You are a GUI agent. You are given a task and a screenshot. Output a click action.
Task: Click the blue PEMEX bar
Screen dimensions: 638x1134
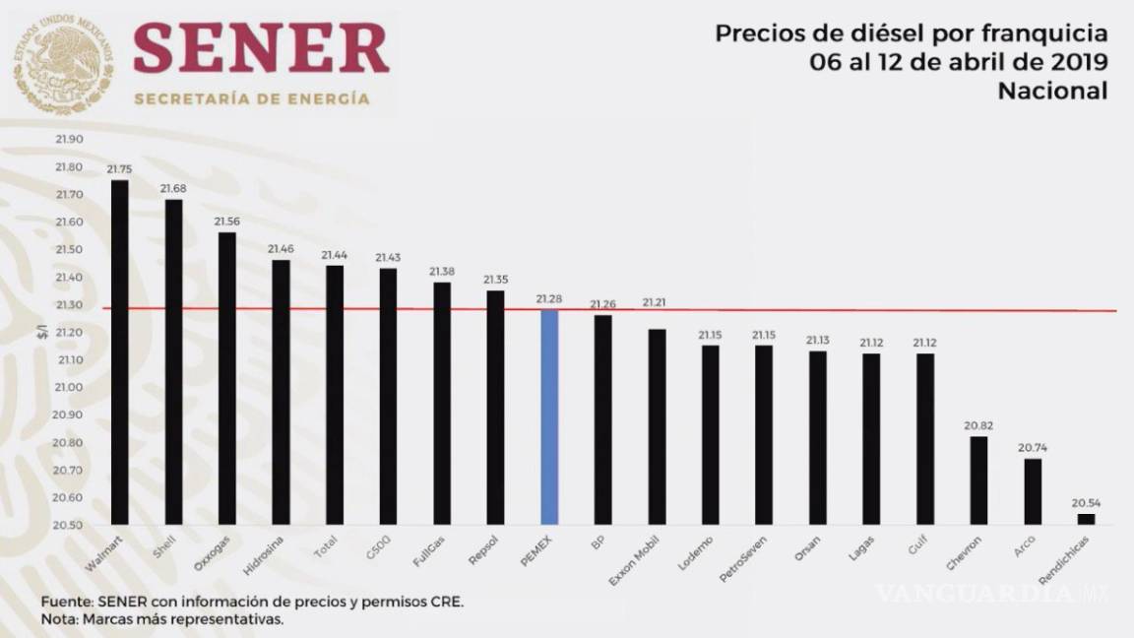coord(549,416)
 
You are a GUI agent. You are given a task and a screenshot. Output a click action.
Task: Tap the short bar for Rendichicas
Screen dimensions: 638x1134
coord(1086,519)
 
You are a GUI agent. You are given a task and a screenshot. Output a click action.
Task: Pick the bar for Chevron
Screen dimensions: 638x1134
coord(978,479)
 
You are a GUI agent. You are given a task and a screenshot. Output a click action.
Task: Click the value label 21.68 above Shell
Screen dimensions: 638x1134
coord(173,188)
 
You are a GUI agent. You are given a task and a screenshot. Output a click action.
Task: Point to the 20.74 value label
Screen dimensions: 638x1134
coord(1033,447)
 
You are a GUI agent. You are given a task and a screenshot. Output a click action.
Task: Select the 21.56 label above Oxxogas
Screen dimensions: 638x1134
coord(226,221)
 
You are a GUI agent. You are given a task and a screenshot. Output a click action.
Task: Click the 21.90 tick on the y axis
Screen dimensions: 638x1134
coord(70,140)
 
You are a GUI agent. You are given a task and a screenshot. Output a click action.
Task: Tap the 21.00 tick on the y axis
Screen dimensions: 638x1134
coord(70,387)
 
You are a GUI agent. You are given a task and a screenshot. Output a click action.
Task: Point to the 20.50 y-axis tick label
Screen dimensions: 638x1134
coord(70,525)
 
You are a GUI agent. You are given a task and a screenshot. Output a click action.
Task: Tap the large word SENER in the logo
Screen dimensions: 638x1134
coord(261,49)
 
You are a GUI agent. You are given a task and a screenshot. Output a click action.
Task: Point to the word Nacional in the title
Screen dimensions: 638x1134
coord(1052,91)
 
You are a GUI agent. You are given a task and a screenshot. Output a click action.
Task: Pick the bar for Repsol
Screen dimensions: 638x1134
coord(495,407)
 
